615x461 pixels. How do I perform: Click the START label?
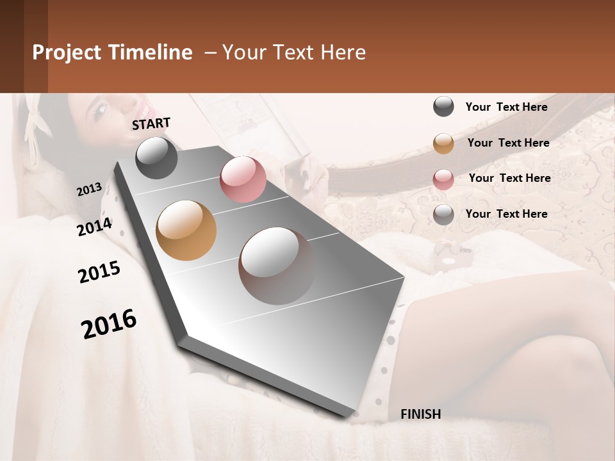click(x=151, y=123)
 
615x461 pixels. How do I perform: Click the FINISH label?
click(x=420, y=414)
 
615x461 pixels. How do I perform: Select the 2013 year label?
click(x=89, y=190)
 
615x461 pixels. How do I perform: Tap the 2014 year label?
click(x=94, y=227)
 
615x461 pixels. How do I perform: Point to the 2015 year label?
click(x=99, y=272)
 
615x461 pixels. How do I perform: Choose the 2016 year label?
click(x=109, y=324)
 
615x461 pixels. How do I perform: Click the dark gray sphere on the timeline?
click(x=157, y=158)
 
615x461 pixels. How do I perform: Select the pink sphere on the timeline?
click(x=243, y=179)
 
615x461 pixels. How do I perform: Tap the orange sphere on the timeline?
click(x=186, y=230)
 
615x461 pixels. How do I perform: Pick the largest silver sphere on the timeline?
click(x=277, y=266)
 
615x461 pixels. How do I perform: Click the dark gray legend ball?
click(x=443, y=106)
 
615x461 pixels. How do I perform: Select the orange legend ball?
click(x=443, y=143)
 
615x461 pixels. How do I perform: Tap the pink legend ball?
click(x=443, y=179)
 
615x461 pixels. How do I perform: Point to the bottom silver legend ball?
click(x=443, y=214)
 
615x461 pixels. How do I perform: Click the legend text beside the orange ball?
click(x=508, y=143)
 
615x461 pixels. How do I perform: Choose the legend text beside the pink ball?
click(x=509, y=178)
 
